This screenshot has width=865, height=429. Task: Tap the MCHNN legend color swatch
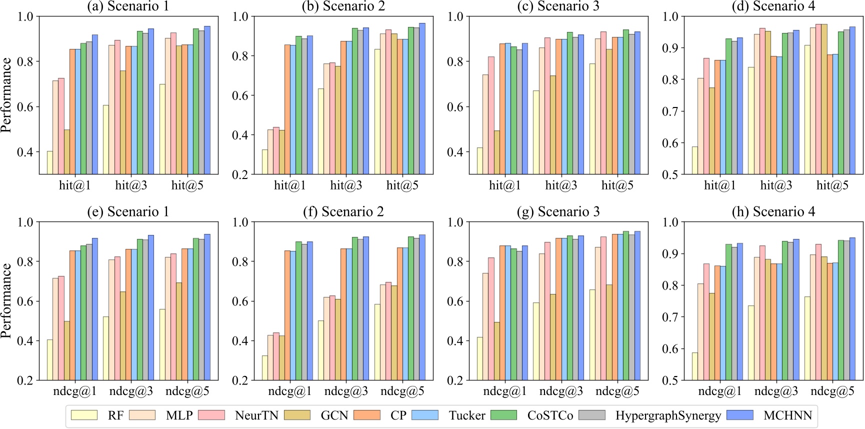pos(739,415)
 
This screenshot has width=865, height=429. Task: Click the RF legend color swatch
pos(84,415)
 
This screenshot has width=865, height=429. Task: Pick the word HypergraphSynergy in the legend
pos(668,415)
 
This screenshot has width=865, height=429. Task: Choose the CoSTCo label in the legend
pos(550,415)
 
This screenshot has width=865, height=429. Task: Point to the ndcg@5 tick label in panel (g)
pos(617,391)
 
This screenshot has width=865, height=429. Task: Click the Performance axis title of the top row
pos(6,95)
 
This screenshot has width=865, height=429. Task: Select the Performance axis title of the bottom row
pos(6,300)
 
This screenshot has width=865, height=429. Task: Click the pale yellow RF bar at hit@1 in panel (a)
pos(50,162)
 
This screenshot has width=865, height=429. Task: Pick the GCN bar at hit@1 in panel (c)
pos(497,152)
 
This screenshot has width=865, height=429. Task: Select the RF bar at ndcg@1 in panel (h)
pos(695,366)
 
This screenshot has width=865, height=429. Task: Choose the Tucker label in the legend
pos(466,415)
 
